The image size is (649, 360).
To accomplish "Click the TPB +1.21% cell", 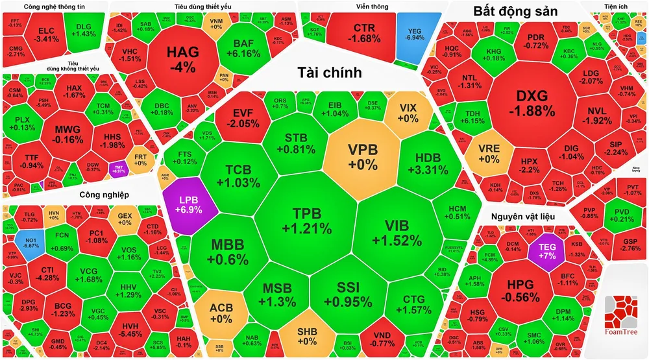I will coord(307,221).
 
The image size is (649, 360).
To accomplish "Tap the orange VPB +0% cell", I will coord(362,156).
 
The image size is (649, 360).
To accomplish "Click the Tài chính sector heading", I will coord(329,72).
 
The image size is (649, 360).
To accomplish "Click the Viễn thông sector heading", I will coord(372,6).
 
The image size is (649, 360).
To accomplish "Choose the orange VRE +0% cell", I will coord(488,153).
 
